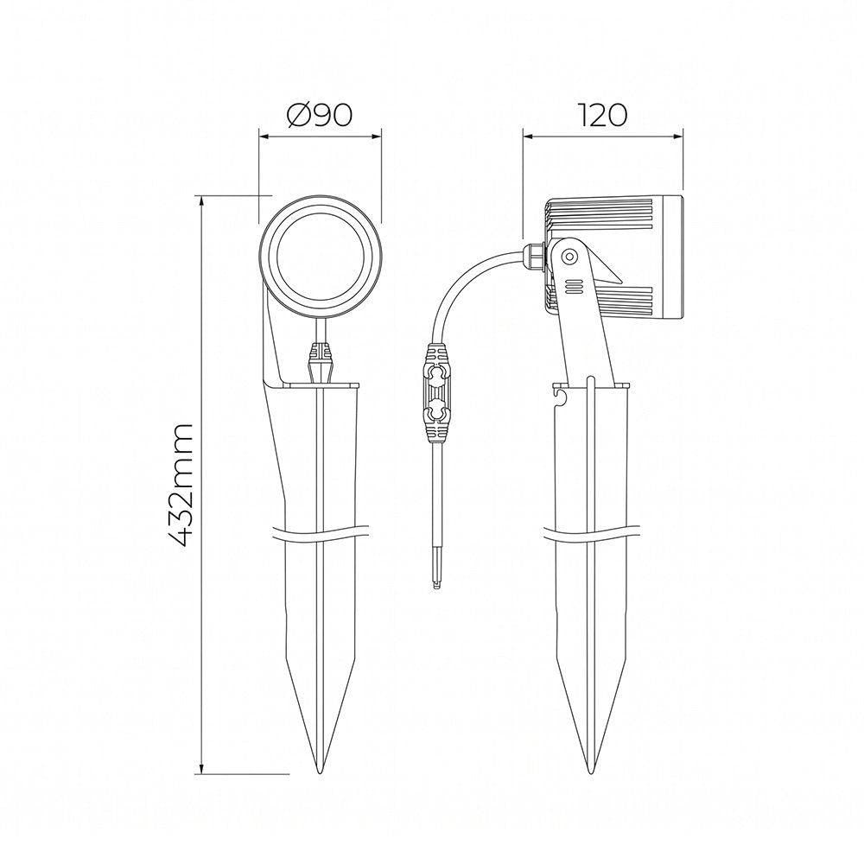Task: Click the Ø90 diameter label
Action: [x=320, y=115]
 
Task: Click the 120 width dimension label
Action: [x=602, y=115]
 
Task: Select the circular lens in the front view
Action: [x=321, y=257]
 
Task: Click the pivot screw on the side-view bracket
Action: [x=569, y=257]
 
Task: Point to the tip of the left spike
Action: [x=320, y=772]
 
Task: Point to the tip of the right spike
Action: [x=591, y=772]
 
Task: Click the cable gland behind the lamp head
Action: [x=533, y=257]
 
